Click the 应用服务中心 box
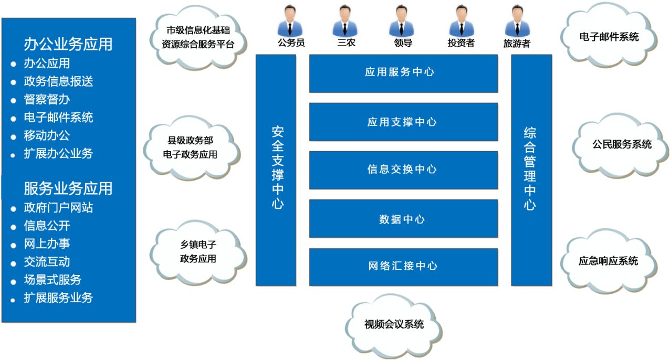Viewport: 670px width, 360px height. (403, 73)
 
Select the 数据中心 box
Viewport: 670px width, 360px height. (403, 218)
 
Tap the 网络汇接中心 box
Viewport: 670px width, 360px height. (403, 267)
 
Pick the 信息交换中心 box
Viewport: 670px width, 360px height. (403, 170)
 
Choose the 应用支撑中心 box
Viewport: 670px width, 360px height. (403, 122)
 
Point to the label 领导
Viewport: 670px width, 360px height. (403, 43)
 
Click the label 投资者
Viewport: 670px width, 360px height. (461, 43)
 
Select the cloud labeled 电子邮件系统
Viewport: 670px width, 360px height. (609, 37)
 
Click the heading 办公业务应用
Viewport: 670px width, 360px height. (68, 44)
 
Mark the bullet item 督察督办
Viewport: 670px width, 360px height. (47, 99)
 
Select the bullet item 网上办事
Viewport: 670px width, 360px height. (47, 243)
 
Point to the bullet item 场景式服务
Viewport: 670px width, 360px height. (53, 280)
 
